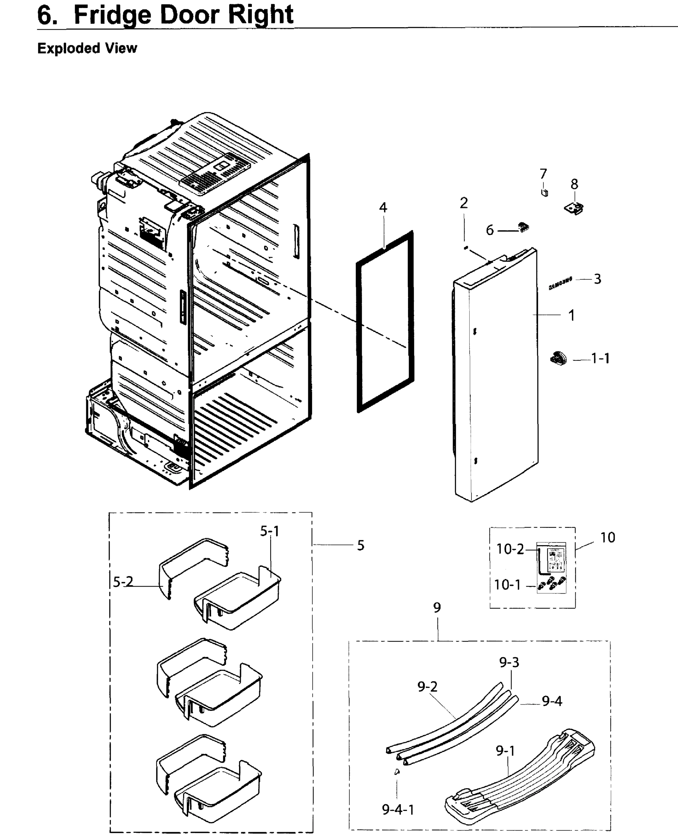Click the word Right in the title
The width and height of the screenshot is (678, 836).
coord(260,15)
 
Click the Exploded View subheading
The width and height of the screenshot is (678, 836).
coord(87,48)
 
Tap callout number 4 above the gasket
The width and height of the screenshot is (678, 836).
coord(383,208)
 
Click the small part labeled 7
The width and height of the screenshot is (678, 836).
coord(544,192)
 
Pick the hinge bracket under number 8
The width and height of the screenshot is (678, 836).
coord(574,208)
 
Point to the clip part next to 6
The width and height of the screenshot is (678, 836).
coord(523,227)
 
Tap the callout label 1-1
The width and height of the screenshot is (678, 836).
coord(600,358)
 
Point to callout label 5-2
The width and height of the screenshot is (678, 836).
coord(123,582)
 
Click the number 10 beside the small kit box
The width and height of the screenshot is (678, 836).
coord(607,537)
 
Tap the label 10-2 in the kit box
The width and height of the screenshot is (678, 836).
coord(510,549)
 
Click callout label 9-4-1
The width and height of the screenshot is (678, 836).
coord(398,810)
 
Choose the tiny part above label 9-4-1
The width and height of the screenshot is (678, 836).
coord(397,772)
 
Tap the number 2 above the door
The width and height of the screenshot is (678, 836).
coord(464,203)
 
